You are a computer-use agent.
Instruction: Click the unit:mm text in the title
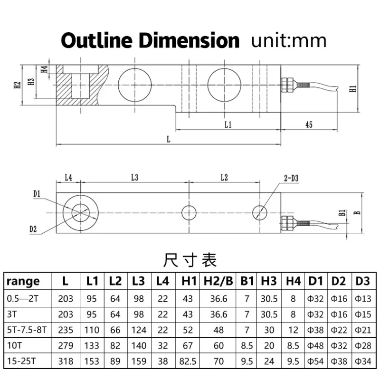[289, 40]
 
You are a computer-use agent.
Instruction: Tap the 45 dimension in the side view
[308, 124]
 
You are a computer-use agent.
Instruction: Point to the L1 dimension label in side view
[228, 124]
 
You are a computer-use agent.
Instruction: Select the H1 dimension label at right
[352, 88]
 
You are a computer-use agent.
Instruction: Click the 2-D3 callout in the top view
[291, 179]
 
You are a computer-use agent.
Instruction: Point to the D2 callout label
[33, 229]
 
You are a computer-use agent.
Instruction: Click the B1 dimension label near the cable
[341, 213]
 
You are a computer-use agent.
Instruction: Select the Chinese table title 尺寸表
[190, 260]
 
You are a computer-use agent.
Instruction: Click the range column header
[24, 281]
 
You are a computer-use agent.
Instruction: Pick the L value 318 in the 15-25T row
[66, 361]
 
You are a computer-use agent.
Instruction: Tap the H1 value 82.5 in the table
[189, 361]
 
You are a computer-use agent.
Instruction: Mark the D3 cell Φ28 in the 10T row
[363, 344]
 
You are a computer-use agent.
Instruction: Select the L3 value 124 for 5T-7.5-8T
[138, 329]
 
